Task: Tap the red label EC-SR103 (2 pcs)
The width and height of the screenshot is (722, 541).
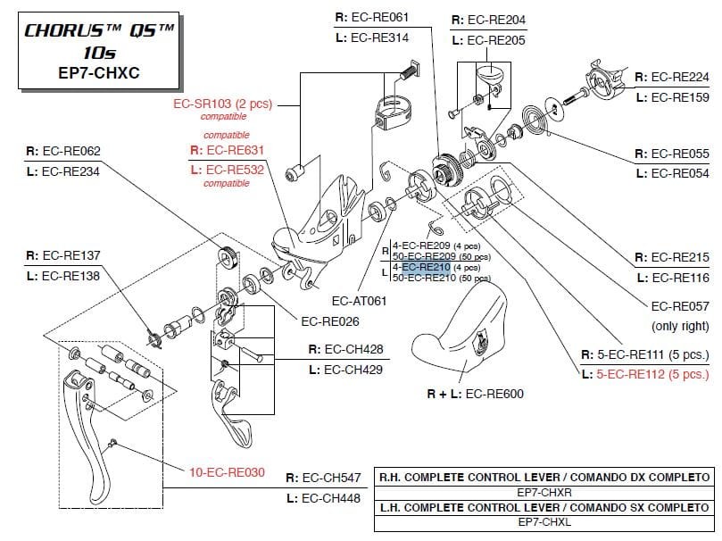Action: tap(221, 104)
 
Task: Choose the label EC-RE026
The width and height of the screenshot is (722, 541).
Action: tap(329, 320)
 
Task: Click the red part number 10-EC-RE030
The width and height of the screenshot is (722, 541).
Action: tap(227, 472)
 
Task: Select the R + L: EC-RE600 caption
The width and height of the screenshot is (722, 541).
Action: tap(475, 394)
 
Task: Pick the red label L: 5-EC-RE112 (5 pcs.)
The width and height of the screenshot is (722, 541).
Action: tap(644, 375)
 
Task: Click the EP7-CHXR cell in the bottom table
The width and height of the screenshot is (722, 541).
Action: tap(544, 491)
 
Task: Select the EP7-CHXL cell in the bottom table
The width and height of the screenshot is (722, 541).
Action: tap(544, 520)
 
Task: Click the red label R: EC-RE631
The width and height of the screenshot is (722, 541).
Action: tap(227, 151)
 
